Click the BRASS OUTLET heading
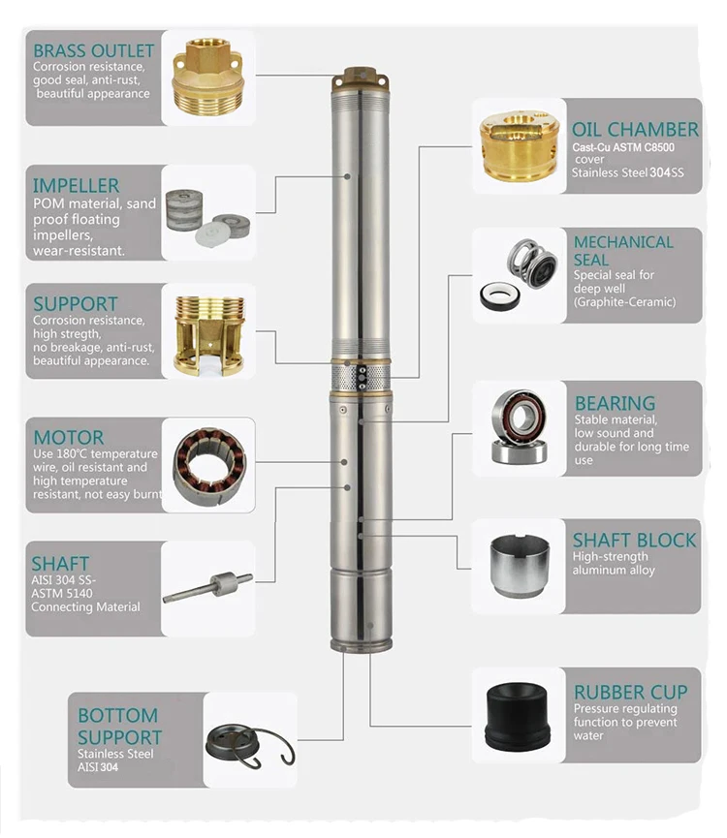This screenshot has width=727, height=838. [93, 50]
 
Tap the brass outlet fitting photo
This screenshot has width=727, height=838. [207, 78]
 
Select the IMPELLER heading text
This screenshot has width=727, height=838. [77, 185]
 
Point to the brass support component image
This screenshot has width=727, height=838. [207, 335]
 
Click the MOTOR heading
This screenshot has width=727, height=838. [68, 437]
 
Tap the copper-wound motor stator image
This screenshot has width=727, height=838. [208, 464]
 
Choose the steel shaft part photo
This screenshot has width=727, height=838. [207, 586]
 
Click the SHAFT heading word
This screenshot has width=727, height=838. [60, 563]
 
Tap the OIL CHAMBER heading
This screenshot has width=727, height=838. [635, 130]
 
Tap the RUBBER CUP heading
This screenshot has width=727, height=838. [630, 692]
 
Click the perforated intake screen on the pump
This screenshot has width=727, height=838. [361, 378]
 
